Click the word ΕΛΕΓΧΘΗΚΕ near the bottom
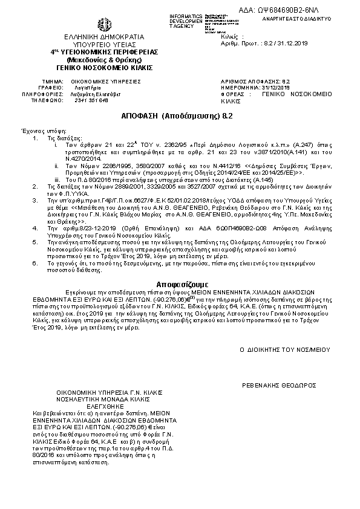click(70, 407)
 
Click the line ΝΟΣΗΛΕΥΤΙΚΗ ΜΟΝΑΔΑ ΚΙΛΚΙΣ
click(71, 400)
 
